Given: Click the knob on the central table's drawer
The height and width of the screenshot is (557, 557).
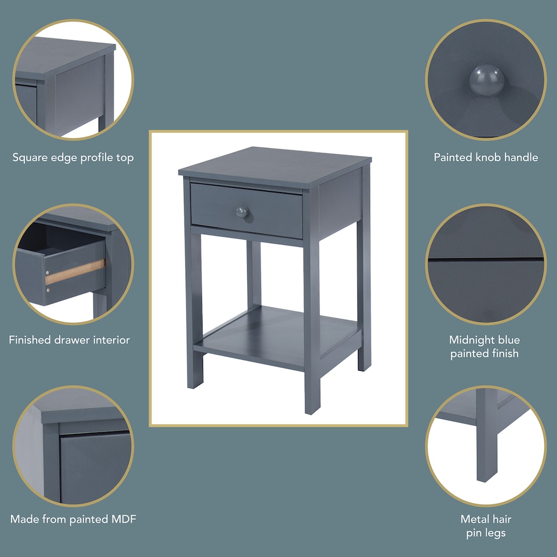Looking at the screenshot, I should (243, 212).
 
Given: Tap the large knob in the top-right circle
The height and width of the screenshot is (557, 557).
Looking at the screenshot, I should (486, 79).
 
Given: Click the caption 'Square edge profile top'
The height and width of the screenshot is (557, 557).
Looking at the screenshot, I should (73, 157).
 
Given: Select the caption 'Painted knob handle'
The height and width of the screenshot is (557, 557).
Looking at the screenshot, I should (486, 157).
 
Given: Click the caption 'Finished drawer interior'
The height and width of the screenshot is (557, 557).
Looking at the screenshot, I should (69, 340).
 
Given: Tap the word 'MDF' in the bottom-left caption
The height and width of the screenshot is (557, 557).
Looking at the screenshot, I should (123, 519).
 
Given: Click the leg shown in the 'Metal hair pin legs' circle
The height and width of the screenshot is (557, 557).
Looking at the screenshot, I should (486, 441).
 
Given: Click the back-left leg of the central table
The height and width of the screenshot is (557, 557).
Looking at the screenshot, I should (254, 273).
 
